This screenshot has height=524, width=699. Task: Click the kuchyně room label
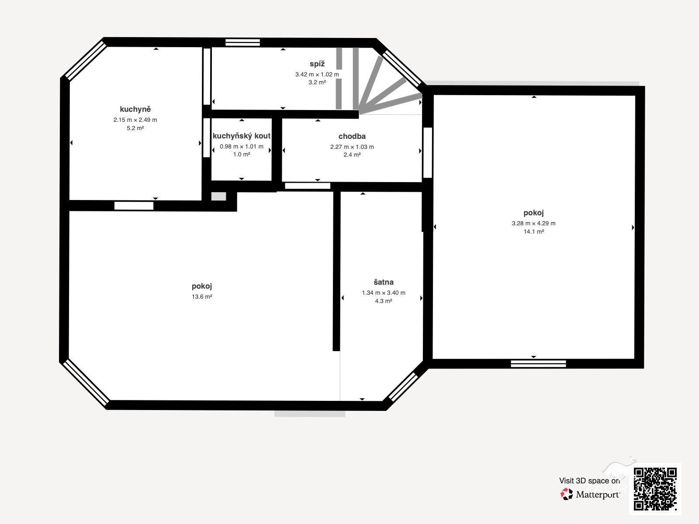(135, 109)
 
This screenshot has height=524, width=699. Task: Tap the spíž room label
(317, 64)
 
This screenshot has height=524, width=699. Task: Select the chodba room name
(352, 136)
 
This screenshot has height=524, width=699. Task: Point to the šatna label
(384, 282)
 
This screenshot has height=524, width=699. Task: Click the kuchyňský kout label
(242, 136)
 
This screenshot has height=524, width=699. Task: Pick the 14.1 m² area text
(534, 231)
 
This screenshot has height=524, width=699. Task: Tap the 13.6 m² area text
(202, 296)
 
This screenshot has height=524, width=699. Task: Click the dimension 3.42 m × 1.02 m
(317, 74)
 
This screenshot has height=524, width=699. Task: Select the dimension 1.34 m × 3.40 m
(384, 293)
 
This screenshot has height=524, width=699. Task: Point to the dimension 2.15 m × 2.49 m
(135, 120)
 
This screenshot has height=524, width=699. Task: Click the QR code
(655, 489)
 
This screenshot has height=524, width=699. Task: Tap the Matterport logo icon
(567, 494)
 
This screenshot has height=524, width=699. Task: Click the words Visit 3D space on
(589, 481)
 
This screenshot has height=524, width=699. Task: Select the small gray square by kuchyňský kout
(218, 196)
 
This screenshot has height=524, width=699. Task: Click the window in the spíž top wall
(242, 42)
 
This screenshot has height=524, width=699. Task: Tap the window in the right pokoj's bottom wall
(538, 364)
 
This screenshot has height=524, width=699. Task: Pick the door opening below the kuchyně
(134, 206)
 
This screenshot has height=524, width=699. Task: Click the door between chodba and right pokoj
(427, 153)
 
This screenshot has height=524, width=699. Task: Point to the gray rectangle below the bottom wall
(310, 414)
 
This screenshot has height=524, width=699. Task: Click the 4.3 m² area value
(384, 301)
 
